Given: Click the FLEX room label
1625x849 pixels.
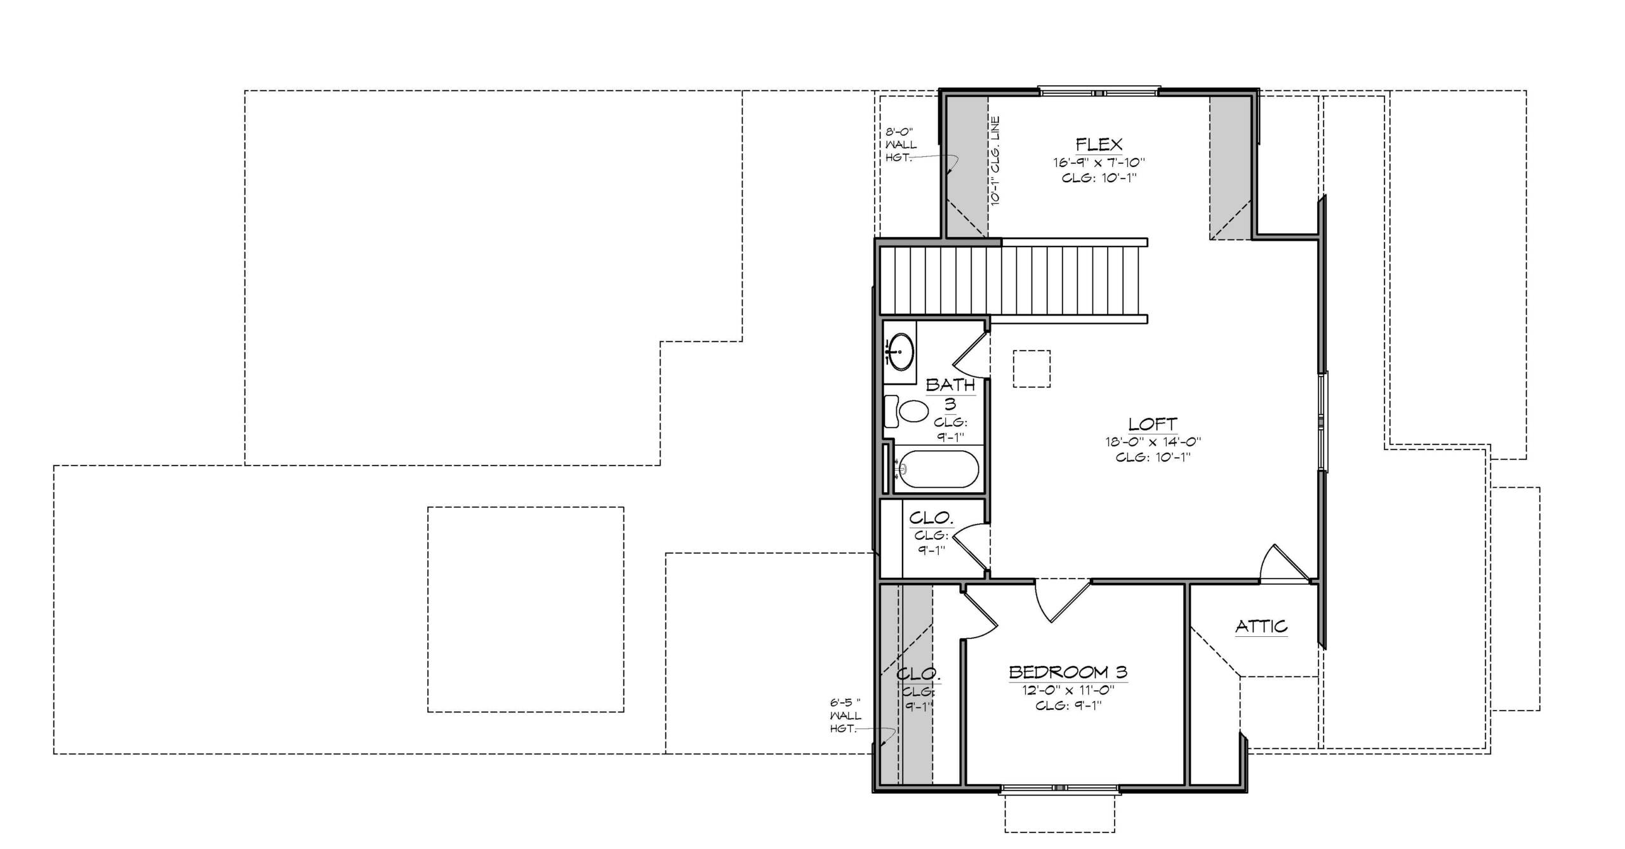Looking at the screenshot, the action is coord(1099,144).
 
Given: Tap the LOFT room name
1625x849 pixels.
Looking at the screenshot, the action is coord(1153,424).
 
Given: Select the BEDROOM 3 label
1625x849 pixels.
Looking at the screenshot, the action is coord(1068,672).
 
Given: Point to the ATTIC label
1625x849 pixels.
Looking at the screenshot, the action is coord(1261,627).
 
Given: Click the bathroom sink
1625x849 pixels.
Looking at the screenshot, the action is coord(900,351).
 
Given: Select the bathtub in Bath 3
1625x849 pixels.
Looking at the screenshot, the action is coord(936,469).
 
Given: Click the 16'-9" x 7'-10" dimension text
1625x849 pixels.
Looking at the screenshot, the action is coord(1099,162).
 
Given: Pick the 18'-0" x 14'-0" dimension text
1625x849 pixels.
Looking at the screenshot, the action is coord(1153,441).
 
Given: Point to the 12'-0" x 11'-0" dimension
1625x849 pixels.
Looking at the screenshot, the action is coord(1068,690).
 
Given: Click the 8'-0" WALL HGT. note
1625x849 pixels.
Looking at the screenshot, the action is coord(901,145).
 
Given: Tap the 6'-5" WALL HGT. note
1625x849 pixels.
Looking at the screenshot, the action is coord(846,716).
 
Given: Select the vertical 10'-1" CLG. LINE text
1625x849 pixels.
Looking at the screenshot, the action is coord(995,161).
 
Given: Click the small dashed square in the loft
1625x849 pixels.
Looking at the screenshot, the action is coord(1031,368).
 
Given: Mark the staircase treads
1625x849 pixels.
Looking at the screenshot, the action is coord(1013,281).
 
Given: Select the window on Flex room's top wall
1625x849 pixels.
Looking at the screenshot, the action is coord(1099,91).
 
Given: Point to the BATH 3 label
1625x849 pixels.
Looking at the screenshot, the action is coord(950,394).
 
